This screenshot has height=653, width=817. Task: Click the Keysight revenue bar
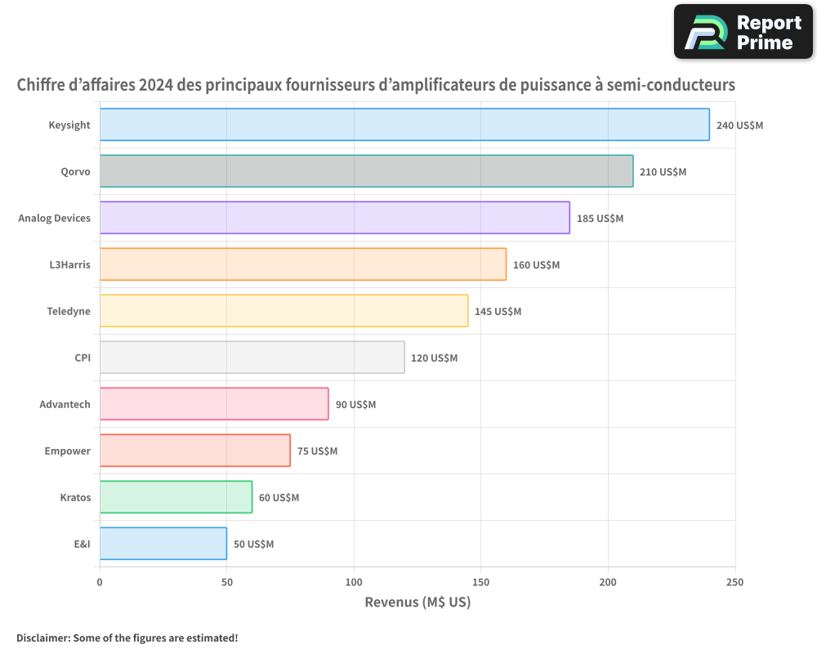[x=404, y=125]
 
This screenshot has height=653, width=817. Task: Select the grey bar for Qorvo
[x=366, y=171]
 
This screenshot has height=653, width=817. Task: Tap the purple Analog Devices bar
[x=334, y=218]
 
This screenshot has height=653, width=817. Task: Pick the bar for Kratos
[x=176, y=497]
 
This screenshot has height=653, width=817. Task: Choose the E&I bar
[x=163, y=544]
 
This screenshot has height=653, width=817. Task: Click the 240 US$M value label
[x=739, y=126]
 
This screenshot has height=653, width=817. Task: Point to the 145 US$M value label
[x=498, y=312]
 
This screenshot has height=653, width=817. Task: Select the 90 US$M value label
[x=355, y=405]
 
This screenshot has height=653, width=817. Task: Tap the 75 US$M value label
[x=317, y=451]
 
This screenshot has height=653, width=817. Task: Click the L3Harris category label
[x=70, y=264]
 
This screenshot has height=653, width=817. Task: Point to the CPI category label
[x=83, y=358]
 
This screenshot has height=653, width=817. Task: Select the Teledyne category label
[x=69, y=311]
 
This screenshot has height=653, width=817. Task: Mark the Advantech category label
[x=65, y=404]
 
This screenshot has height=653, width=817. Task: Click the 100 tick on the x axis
[x=354, y=583]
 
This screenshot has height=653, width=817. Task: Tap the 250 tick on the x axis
[x=734, y=583]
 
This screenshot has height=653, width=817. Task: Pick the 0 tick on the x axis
[x=100, y=583]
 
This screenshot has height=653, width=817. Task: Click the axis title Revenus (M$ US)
[x=417, y=602]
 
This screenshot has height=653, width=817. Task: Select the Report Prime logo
[x=743, y=32]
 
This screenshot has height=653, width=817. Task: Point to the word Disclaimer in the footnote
[x=42, y=637]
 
